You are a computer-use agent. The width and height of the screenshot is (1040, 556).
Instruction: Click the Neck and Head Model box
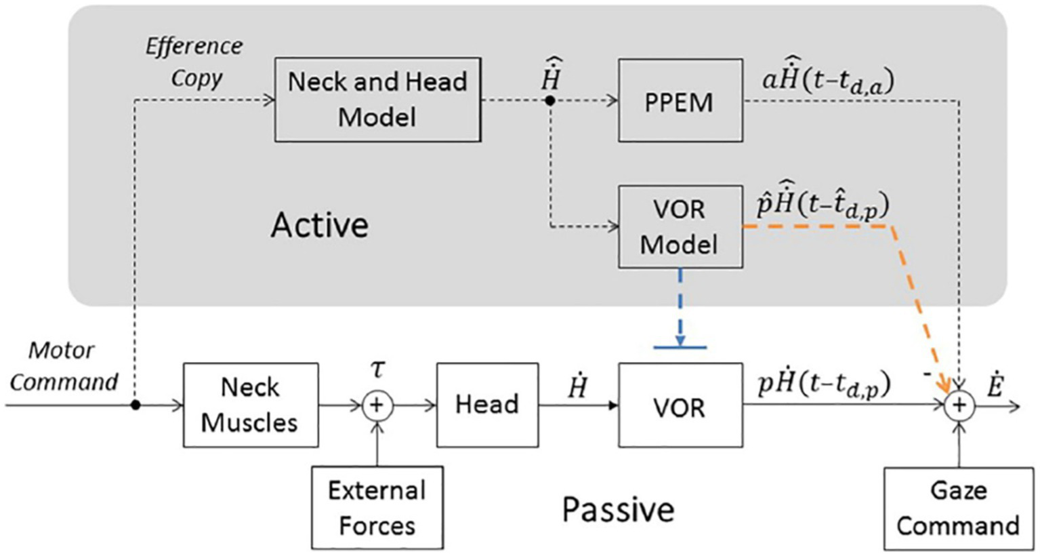pyautogui.click(x=377, y=100)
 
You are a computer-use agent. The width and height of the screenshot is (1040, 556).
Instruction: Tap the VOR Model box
pyautogui.click(x=680, y=226)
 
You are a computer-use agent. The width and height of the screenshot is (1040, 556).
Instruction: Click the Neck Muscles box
pyautogui.click(x=250, y=405)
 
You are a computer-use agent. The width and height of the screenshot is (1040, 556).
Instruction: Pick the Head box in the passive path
pyautogui.click(x=487, y=405)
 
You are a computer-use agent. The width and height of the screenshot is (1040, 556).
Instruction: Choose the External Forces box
pyautogui.click(x=377, y=507)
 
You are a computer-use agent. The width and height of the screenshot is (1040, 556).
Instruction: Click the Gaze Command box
pyautogui.click(x=958, y=508)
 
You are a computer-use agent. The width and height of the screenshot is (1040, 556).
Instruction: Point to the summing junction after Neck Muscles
pyautogui.click(x=377, y=405)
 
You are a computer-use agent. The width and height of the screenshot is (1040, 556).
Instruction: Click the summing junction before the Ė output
pyautogui.click(x=959, y=405)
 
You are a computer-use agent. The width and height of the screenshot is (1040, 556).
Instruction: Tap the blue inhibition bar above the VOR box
pyautogui.click(x=680, y=348)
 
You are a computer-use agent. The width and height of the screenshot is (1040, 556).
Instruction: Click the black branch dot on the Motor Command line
pyautogui.click(x=136, y=405)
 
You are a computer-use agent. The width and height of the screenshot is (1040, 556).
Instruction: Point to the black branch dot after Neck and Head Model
pyautogui.click(x=550, y=100)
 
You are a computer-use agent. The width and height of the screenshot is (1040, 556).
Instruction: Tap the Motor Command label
pyautogui.click(x=63, y=366)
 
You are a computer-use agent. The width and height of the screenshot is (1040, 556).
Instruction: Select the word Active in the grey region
pyautogui.click(x=320, y=224)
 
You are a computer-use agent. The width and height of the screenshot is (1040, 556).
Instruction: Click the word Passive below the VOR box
pyautogui.click(x=618, y=509)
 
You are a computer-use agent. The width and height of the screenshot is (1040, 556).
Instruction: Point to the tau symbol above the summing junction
pyautogui.click(x=377, y=370)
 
